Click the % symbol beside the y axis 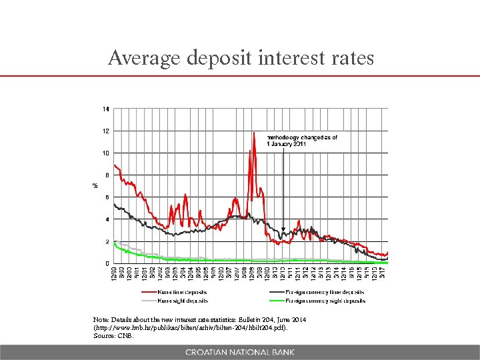(x=95, y=186)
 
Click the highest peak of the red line (x=254, y=133)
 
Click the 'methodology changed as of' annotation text (x=301, y=137)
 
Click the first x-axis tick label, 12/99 (x=114, y=275)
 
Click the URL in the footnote (x=193, y=328)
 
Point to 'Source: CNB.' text (x=114, y=336)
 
